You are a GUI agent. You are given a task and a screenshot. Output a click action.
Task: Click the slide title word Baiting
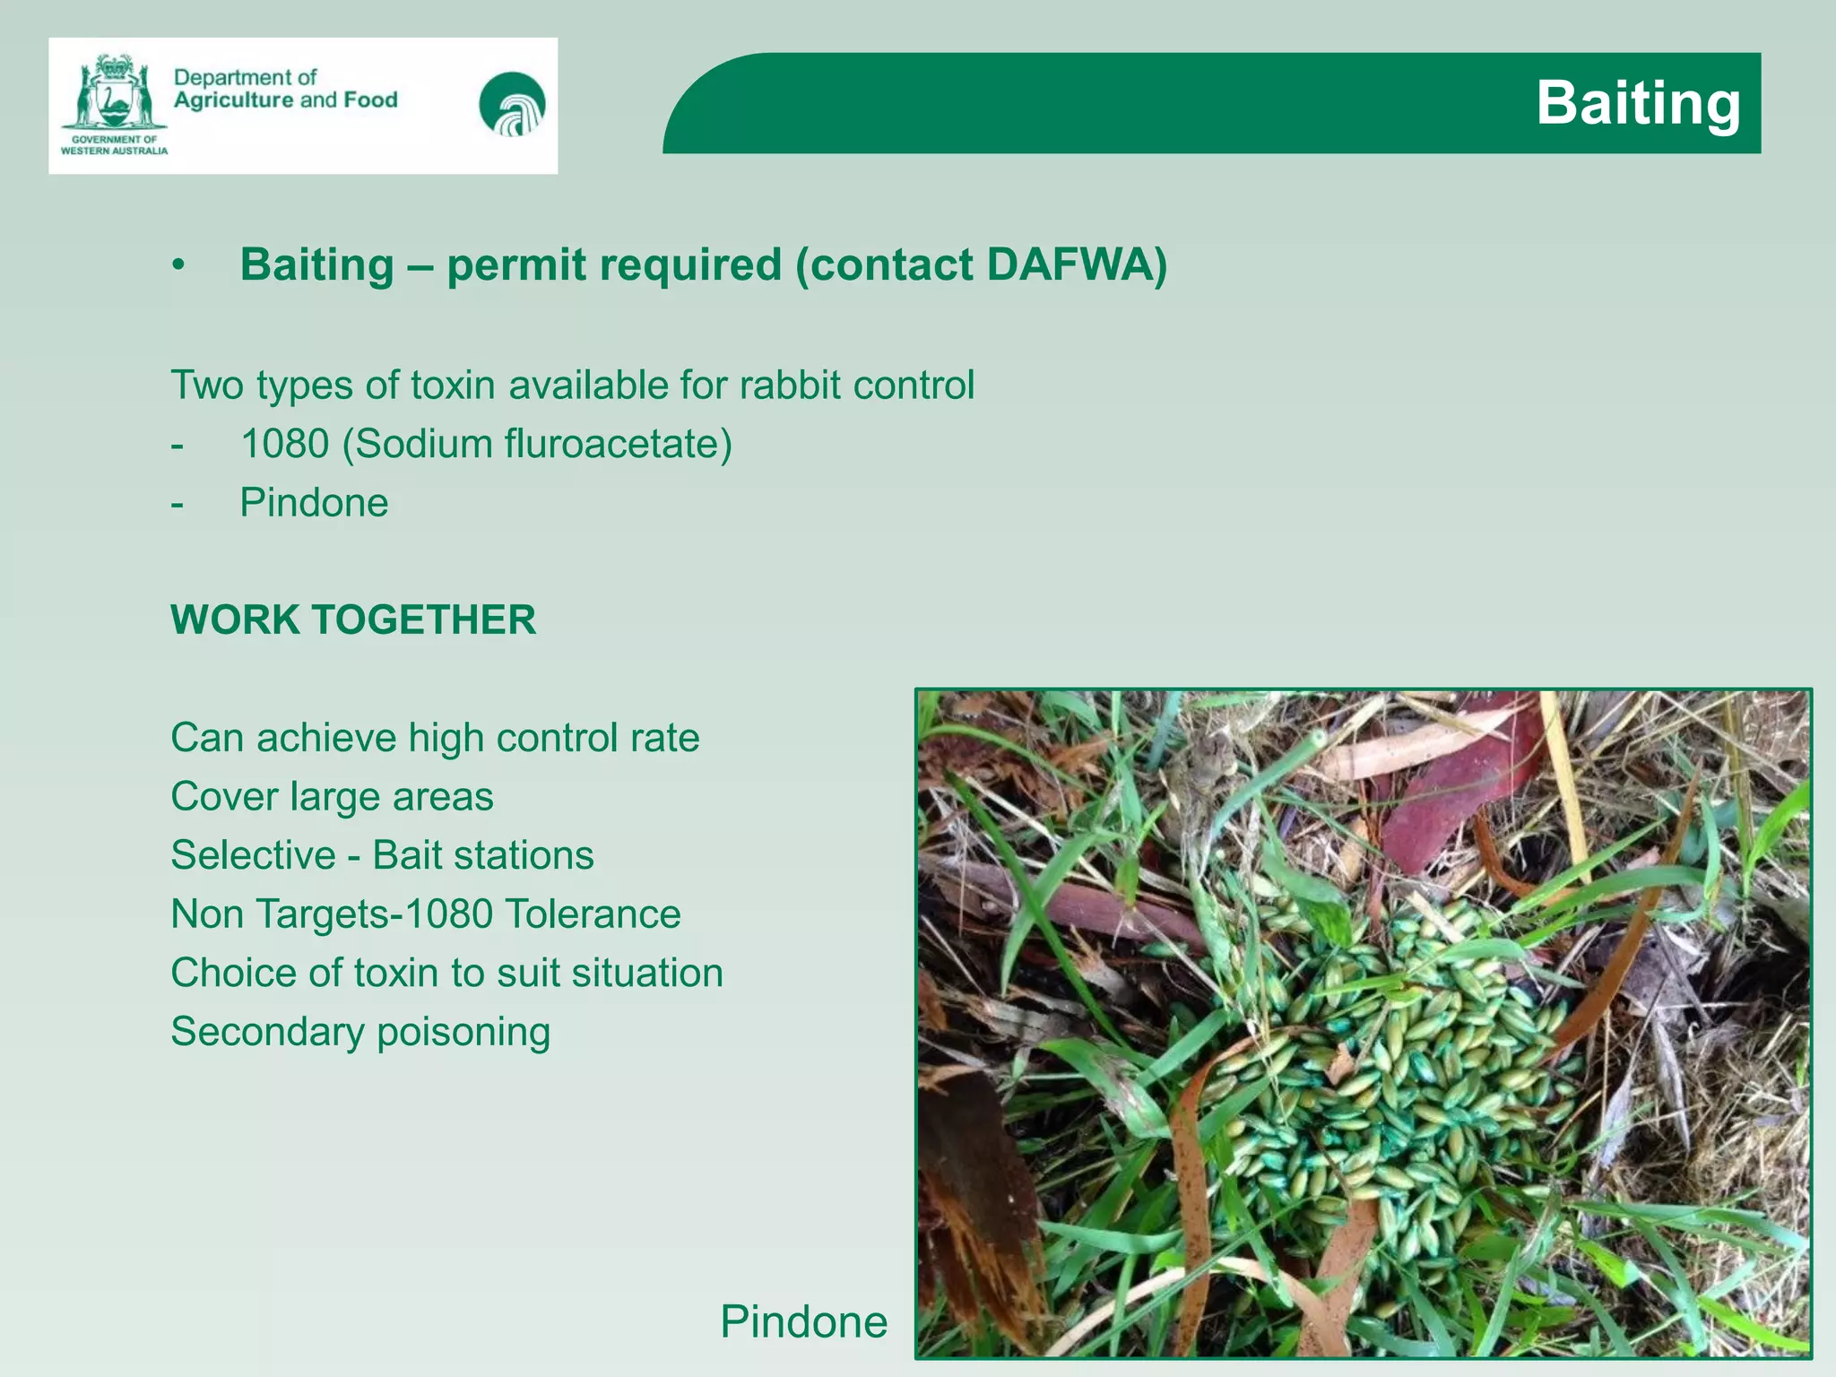coord(1638,103)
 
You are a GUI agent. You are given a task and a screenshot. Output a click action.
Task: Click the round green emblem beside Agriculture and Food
coord(512,104)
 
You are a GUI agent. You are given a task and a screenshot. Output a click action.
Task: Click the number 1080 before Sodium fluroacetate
coord(284,444)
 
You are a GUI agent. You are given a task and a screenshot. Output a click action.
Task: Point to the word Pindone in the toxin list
coord(314,503)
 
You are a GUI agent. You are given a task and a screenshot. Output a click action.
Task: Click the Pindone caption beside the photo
coord(803,1321)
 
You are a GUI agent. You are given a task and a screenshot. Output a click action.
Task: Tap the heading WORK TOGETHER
coord(353,620)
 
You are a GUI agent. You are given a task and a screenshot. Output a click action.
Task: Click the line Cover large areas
coord(332,797)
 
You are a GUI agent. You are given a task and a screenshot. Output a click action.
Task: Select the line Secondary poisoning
coord(360,1032)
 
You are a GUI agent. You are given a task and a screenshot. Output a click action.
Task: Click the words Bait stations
coord(482,855)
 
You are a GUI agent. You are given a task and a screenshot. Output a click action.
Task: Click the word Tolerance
coord(593,914)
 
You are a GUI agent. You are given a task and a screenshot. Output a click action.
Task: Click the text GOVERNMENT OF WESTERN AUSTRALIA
coord(114,145)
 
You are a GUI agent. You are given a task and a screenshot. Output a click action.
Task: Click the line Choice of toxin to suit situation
coord(446,974)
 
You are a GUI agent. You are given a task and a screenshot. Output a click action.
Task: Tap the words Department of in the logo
coord(245,78)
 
